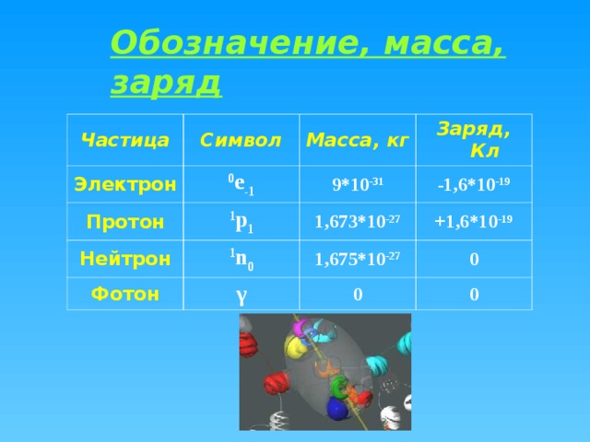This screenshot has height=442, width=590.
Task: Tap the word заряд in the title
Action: (x=166, y=83)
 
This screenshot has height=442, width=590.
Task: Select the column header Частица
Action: (x=125, y=140)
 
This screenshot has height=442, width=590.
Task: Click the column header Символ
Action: (x=241, y=140)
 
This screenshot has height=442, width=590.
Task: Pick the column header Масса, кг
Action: (x=358, y=140)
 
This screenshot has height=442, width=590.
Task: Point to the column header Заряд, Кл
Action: (x=474, y=140)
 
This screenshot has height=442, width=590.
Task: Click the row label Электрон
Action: (x=125, y=184)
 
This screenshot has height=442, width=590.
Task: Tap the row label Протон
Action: (x=125, y=222)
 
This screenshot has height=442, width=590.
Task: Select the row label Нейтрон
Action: (x=125, y=259)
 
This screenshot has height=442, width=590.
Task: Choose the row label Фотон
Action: (x=125, y=294)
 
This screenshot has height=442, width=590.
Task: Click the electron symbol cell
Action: (x=242, y=184)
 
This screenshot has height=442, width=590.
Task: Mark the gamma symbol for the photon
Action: (x=242, y=296)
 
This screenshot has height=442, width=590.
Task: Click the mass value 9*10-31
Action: (x=358, y=184)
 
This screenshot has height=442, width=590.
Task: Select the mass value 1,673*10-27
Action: (x=358, y=221)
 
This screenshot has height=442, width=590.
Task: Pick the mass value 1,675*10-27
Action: (x=358, y=259)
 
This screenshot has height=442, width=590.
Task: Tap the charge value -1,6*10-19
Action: (x=474, y=184)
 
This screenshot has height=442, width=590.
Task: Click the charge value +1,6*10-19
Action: (x=474, y=221)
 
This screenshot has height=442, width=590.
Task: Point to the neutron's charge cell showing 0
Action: (x=474, y=260)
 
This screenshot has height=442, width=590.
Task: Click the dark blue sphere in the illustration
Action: (x=337, y=408)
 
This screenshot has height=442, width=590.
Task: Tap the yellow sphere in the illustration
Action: (x=294, y=346)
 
